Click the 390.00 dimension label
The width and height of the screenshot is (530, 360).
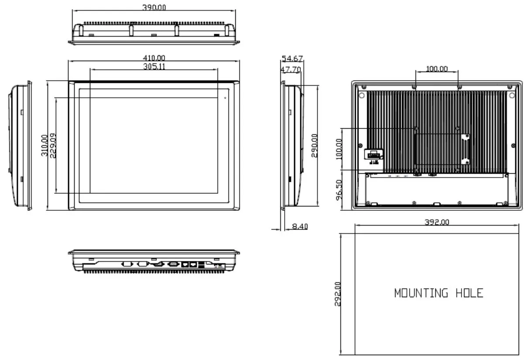[x=154, y=7]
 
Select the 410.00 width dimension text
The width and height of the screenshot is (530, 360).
[x=154, y=58]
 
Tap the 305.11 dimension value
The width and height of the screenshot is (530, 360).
[x=154, y=66]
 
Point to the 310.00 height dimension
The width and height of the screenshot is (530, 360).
[x=44, y=146]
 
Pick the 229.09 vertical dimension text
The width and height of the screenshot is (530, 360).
[x=53, y=146]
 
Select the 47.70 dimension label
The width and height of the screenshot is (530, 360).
[x=291, y=69]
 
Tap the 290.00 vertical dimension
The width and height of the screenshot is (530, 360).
[x=314, y=145]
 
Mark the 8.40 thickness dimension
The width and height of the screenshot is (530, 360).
[x=299, y=226]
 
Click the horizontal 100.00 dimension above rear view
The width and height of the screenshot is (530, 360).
[x=437, y=69]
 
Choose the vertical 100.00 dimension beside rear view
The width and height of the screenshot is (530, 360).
[x=339, y=149]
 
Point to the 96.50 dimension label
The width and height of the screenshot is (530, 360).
[x=339, y=189]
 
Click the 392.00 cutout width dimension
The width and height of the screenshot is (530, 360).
[x=437, y=222]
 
